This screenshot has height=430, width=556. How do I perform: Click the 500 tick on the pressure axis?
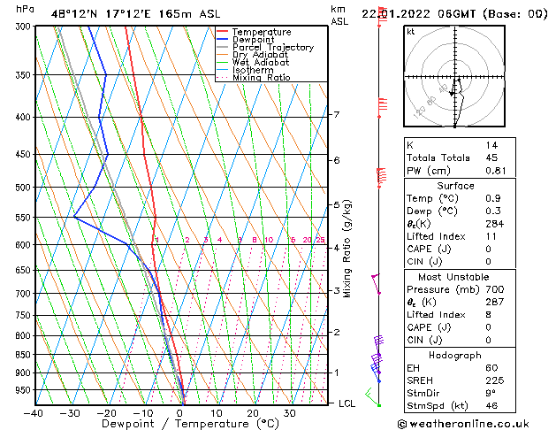tap(21, 188)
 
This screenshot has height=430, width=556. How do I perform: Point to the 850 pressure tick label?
tap(21, 355)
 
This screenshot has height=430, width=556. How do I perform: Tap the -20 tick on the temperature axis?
tap(106, 412)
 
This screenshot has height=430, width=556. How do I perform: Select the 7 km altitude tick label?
tap(336, 115)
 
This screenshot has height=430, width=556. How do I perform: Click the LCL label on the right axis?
tap(348, 403)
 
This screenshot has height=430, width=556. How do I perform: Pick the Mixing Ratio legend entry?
tap(261, 78)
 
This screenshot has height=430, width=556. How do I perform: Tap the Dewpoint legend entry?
tap(254, 40)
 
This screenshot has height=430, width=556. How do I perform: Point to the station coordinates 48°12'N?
tap(71, 12)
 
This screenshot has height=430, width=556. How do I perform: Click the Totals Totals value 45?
tap(491, 157)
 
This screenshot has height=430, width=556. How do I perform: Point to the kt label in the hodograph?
tap(410, 32)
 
